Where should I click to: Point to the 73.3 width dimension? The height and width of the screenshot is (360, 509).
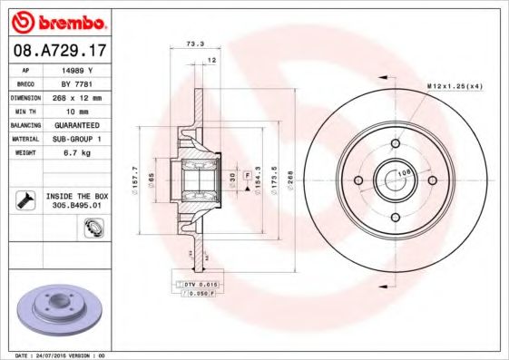coord(192,43)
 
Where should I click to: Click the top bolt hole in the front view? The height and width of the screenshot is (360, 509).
coord(396,142)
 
